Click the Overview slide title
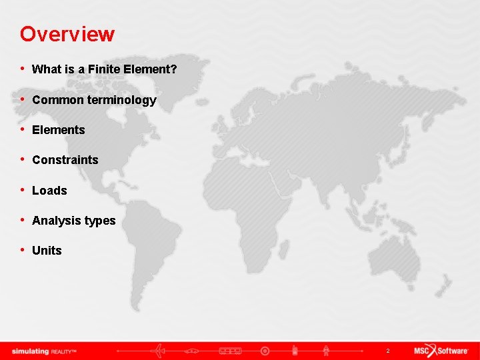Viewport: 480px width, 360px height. pos(67,33)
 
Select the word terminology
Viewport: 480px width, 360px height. pos(121,100)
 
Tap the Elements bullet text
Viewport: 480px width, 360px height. pos(59,130)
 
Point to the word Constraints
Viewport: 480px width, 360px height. pos(65,160)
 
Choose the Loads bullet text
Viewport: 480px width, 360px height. pos(49,191)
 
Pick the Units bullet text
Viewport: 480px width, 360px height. pos(47,251)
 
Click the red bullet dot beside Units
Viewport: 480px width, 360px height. pos(23,250)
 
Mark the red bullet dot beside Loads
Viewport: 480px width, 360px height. pos(23,190)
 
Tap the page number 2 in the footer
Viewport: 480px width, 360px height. pos(387,351)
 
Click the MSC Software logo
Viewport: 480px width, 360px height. pos(441,351)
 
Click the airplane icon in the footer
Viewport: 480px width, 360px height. pos(159,351)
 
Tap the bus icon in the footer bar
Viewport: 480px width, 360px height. pos(230,351)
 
